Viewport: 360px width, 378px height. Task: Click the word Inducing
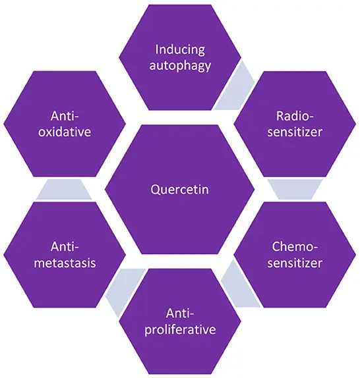click(179, 49)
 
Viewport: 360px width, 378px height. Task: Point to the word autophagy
click(179, 65)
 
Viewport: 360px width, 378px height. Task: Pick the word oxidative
click(65, 132)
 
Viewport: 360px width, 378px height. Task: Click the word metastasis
click(65, 263)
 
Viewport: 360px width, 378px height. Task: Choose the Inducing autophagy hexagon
click(179, 86)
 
